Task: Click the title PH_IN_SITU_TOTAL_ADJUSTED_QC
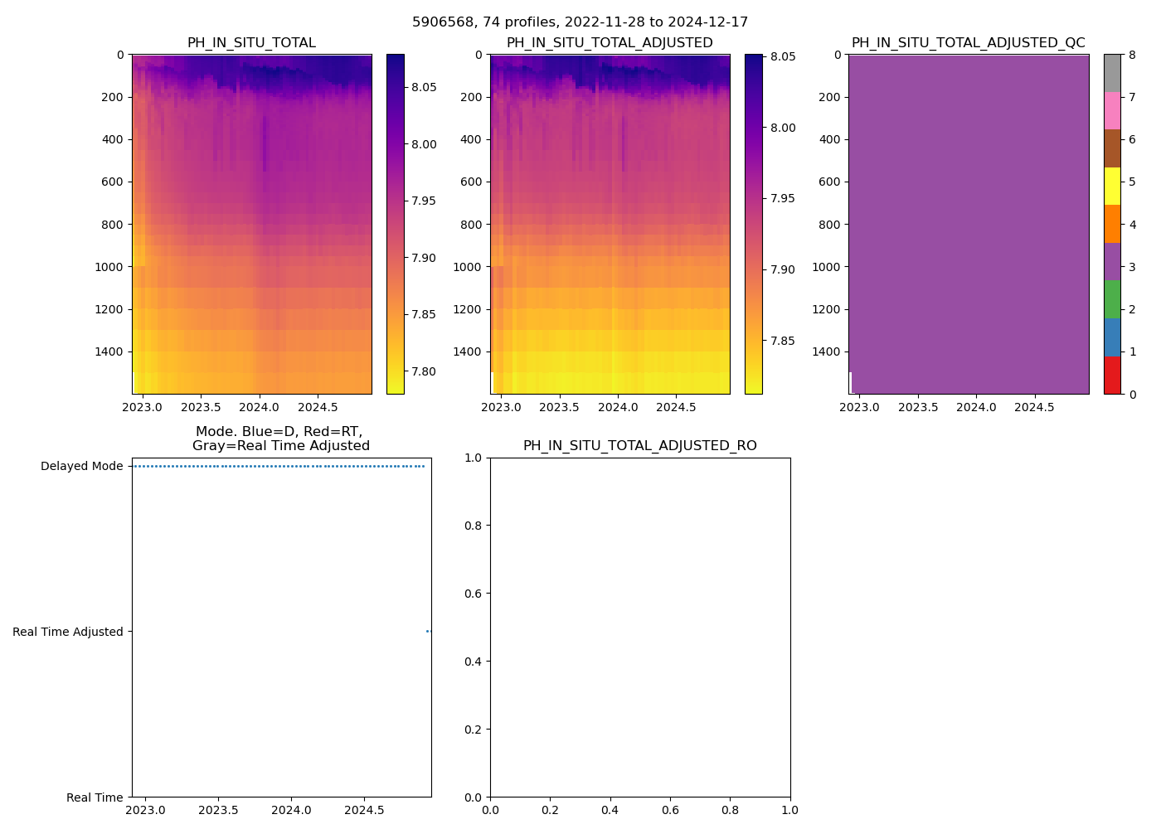(968, 43)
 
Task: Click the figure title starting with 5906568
(580, 22)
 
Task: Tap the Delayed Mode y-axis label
(81, 466)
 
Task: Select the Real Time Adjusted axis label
(68, 632)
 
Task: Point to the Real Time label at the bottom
(95, 797)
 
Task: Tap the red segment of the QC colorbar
(1112, 375)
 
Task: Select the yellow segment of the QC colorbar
(1112, 186)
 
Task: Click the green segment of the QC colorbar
(1112, 298)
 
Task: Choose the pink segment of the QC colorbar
(1112, 110)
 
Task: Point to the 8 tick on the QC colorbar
(1132, 56)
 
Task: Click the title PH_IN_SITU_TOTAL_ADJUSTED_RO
(639, 446)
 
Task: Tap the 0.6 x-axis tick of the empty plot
(670, 810)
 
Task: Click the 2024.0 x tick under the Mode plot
(291, 810)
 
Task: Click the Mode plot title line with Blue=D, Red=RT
(280, 432)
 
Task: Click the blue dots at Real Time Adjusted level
(429, 632)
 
